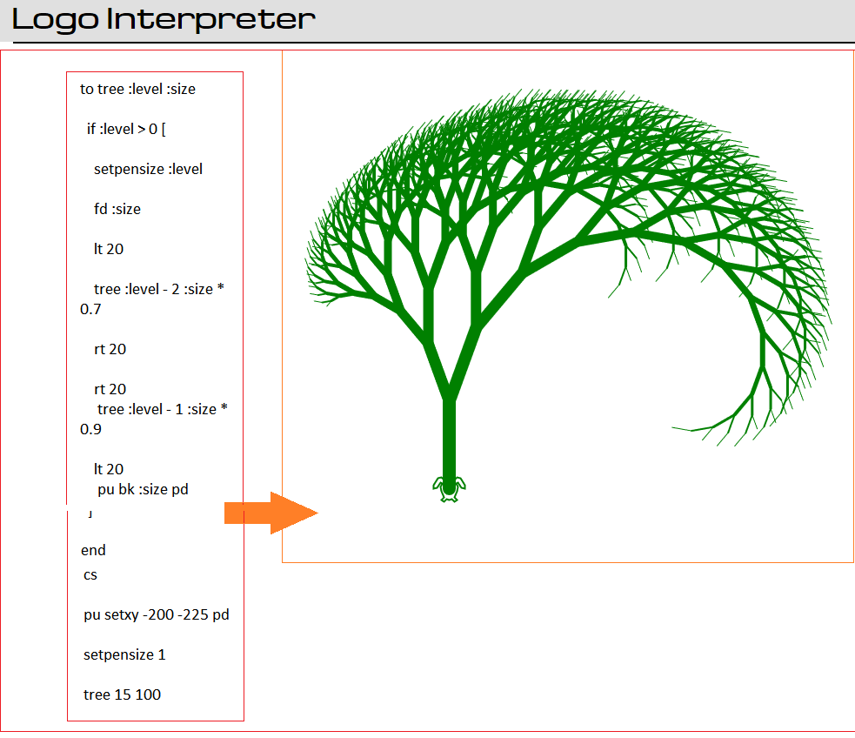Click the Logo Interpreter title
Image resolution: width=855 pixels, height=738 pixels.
coord(164,20)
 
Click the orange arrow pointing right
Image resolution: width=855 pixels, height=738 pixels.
coord(271,513)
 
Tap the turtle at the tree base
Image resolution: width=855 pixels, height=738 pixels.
coord(449,489)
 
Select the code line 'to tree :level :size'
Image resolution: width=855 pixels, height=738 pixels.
coord(137,89)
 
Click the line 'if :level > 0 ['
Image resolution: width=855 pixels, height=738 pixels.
coord(126,130)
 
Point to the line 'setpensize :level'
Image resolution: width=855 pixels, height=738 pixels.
coord(148,169)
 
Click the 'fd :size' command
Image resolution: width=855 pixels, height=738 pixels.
coord(117,209)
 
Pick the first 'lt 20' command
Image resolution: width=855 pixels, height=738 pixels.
coord(109,249)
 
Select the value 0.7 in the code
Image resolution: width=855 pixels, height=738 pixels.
coord(90,309)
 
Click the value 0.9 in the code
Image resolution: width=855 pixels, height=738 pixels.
coord(90,429)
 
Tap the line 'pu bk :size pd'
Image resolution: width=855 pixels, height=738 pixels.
coord(143,489)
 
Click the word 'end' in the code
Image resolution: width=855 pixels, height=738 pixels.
coord(93,550)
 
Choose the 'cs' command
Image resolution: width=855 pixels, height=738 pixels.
coord(90,575)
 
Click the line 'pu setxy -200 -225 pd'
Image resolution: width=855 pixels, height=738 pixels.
coord(157,614)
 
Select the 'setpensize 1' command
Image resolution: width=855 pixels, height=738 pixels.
coord(124,654)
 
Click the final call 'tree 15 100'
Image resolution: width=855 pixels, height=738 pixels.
coord(122,694)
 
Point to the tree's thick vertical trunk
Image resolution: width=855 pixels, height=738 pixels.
coord(449,439)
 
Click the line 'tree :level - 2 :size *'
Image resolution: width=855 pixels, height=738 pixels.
coord(158,289)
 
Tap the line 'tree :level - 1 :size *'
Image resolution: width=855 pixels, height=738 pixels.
coord(163,409)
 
